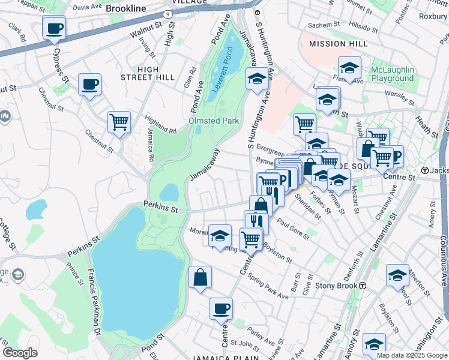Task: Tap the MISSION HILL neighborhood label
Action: coord(336,44)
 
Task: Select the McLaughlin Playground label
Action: coord(393,74)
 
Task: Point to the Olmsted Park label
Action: coord(214,121)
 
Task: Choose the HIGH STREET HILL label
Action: coord(147,73)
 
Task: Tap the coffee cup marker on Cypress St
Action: coord(54,28)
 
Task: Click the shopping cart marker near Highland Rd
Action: coord(119,122)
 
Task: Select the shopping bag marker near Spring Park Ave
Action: coord(200,278)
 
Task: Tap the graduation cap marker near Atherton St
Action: coord(397,275)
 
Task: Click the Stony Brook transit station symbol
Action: coord(363,286)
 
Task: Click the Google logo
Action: coord(20,353)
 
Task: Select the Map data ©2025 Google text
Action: coord(412,355)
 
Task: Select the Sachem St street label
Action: coord(322,26)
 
